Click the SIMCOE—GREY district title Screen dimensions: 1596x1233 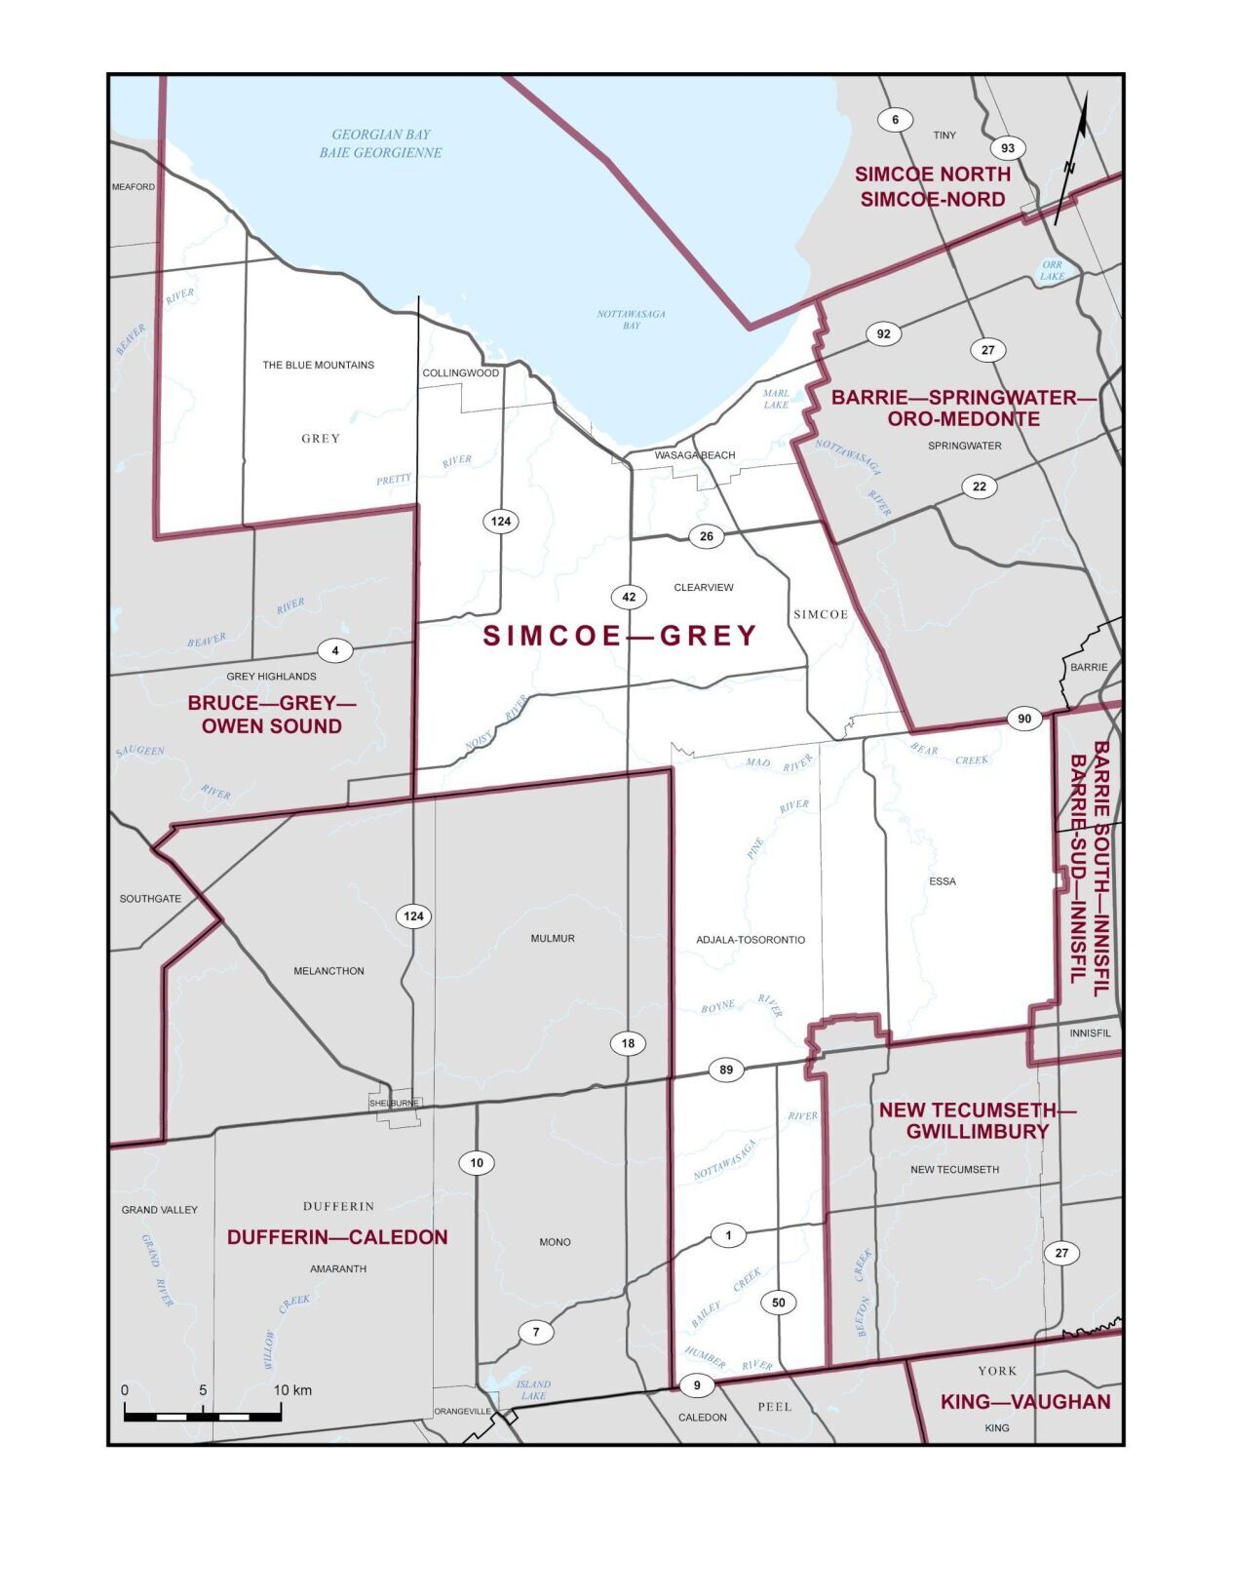pos(620,636)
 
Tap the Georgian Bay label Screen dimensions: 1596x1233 pos(381,143)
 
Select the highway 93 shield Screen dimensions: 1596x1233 pos(1008,148)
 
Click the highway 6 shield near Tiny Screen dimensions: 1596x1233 pos(895,120)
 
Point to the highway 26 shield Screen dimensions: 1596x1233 pos(707,536)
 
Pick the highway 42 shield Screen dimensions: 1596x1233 pos(629,598)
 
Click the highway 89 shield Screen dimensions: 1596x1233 pos(726,1070)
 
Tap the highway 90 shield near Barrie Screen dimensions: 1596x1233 pos(1024,719)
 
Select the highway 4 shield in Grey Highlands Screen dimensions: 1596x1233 pos(334,650)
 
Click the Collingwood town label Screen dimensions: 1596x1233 pos(460,373)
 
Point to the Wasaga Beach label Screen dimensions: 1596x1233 pos(694,455)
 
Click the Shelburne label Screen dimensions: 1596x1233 pos(395,1103)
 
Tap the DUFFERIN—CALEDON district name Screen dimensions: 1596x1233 pos(337,1236)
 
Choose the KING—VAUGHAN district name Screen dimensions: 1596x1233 pos(1024,1402)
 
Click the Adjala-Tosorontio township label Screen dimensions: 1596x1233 pos(751,940)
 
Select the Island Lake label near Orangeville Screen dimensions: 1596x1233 pos(533,1389)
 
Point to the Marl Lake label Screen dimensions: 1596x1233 pos(776,399)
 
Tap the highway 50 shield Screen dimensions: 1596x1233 pos(778,1303)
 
